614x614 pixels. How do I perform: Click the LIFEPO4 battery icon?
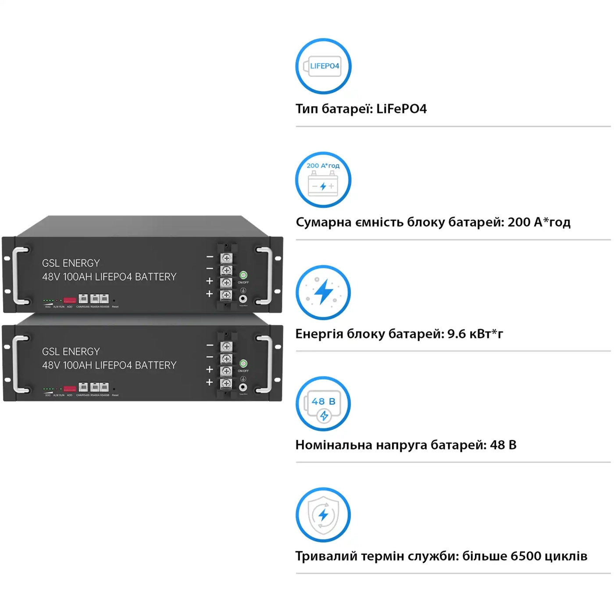323,66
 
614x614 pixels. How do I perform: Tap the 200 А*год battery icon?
323,180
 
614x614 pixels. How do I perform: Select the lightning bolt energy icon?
323,293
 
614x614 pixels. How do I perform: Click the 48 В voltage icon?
323,404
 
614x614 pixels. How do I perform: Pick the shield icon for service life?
323,515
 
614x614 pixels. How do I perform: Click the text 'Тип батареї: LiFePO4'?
361,109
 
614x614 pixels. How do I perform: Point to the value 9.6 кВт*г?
475,334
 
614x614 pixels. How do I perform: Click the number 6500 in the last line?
526,556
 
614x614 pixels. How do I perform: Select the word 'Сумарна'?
324,222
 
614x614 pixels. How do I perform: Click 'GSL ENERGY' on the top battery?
71,263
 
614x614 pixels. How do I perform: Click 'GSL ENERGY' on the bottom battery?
71,352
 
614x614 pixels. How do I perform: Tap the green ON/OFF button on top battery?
243,275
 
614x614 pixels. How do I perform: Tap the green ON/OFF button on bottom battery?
243,364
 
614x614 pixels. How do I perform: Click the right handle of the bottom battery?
268,364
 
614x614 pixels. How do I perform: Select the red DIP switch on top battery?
70,300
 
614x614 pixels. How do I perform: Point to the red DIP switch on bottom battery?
70,389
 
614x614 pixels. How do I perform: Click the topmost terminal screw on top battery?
226,258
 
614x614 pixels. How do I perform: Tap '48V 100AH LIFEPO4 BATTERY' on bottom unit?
109,365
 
